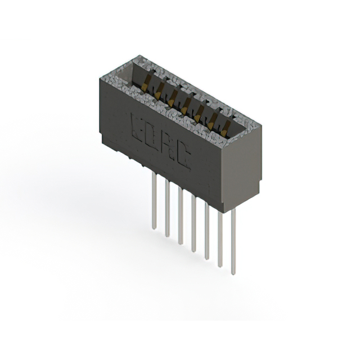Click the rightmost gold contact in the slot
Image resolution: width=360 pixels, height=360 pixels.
point(225,127)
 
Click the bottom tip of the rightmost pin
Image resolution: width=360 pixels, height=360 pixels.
point(233,273)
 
